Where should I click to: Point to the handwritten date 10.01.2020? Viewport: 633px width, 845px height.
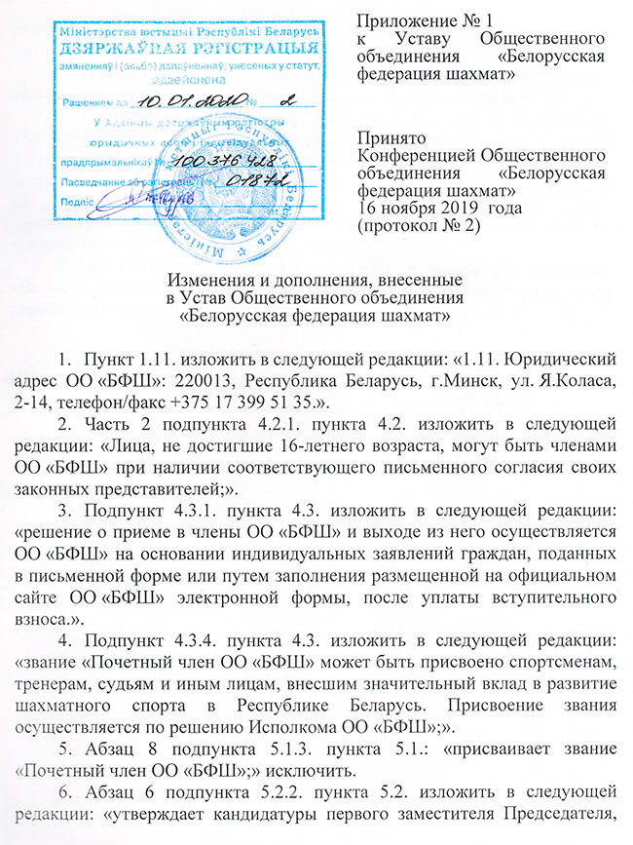point(180,100)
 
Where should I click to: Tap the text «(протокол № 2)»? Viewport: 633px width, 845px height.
point(418,226)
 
